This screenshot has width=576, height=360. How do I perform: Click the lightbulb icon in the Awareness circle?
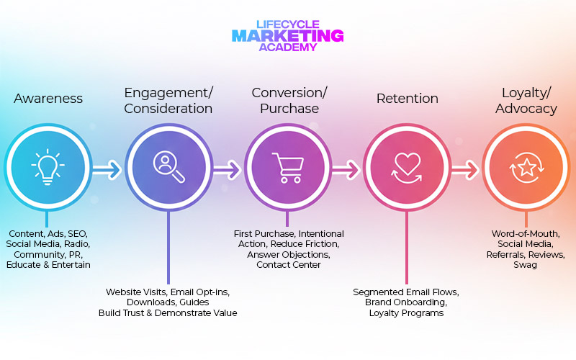pos(48,166)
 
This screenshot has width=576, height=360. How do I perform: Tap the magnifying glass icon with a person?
pos(168,166)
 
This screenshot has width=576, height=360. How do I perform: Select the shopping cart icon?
pos(287,166)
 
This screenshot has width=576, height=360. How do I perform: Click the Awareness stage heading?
pos(48,99)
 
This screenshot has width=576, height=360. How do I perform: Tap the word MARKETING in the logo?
pos(288,35)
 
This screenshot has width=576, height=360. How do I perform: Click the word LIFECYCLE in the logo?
pos(288,23)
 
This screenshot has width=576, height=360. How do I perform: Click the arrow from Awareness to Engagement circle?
pos(108,170)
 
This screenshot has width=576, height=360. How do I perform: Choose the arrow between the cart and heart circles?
pos(346,170)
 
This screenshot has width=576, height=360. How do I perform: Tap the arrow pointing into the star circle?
pos(466,170)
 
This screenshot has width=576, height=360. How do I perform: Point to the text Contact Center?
pos(289,265)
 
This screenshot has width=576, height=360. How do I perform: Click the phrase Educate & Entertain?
pos(48,265)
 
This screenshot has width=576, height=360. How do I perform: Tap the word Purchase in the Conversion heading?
pos(289,109)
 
